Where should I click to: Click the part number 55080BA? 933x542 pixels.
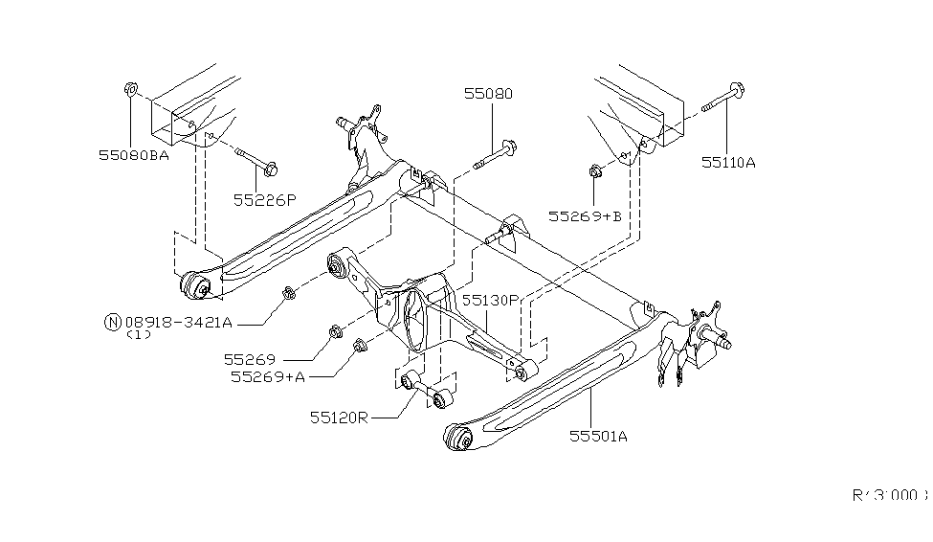tap(132, 154)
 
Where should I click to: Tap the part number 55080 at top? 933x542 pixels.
tap(488, 94)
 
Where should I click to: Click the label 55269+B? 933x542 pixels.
tap(585, 216)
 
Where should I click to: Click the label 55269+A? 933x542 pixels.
tap(267, 376)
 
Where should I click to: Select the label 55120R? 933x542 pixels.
tap(339, 418)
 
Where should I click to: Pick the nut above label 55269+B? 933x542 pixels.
tap(594, 172)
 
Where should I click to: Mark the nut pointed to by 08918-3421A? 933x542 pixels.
tap(289, 292)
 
